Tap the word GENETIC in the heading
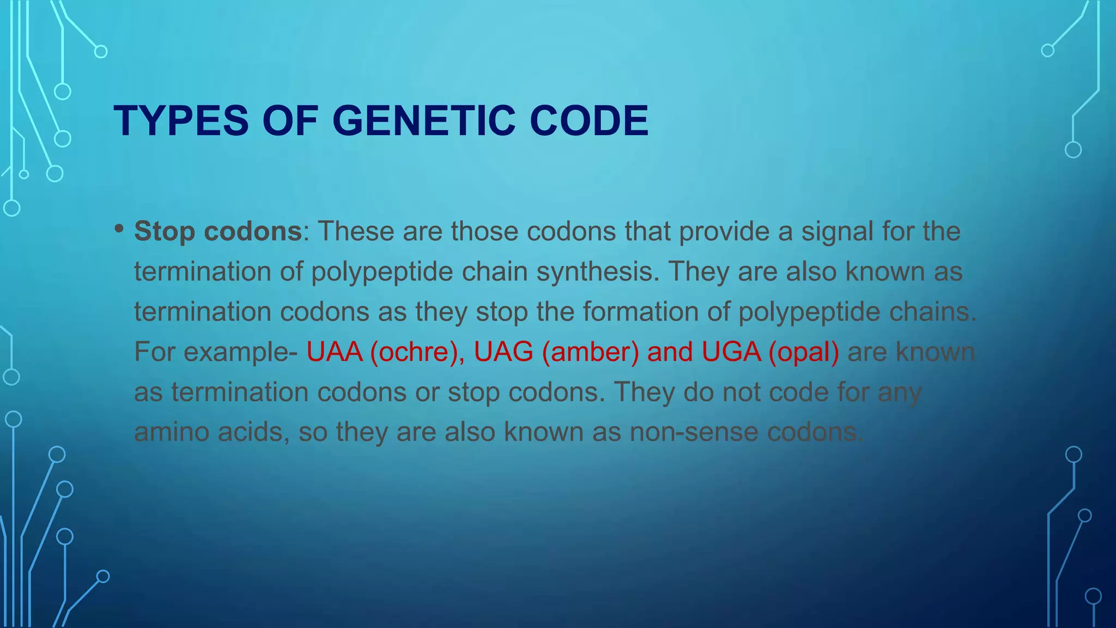click(x=423, y=121)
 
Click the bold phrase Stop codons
click(x=218, y=232)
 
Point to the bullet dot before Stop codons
click(x=119, y=228)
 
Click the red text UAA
click(x=334, y=352)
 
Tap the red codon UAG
click(x=503, y=352)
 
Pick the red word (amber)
click(x=590, y=352)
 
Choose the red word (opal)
click(x=804, y=352)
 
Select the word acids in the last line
click(x=253, y=432)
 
